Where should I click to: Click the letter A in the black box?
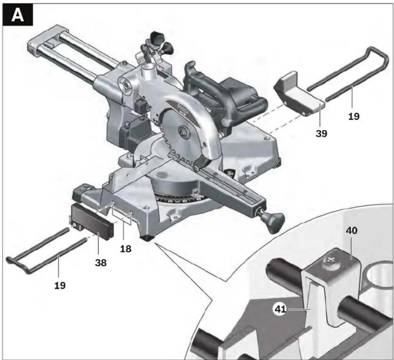[18, 16]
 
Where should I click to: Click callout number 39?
[321, 133]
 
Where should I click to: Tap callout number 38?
[101, 263]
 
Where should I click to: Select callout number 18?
[126, 249]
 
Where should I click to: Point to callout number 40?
[352, 230]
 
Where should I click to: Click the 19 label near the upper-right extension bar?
[354, 116]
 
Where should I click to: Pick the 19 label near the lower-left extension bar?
[60, 286]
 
